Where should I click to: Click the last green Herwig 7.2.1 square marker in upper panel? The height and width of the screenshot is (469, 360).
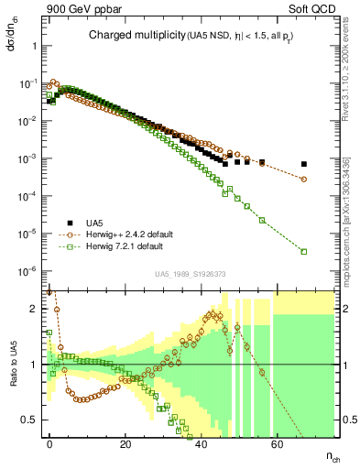tap(303, 251)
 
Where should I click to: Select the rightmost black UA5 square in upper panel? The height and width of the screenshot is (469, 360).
tap(303, 165)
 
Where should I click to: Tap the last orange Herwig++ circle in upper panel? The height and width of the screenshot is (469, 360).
tap(303, 179)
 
